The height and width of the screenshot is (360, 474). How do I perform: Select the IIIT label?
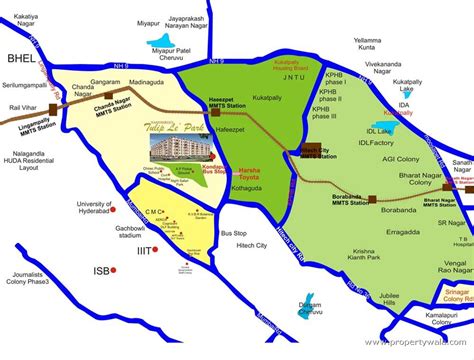(145, 250)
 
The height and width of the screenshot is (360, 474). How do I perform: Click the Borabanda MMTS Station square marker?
(372, 199)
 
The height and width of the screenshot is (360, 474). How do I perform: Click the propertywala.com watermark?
(419, 343)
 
